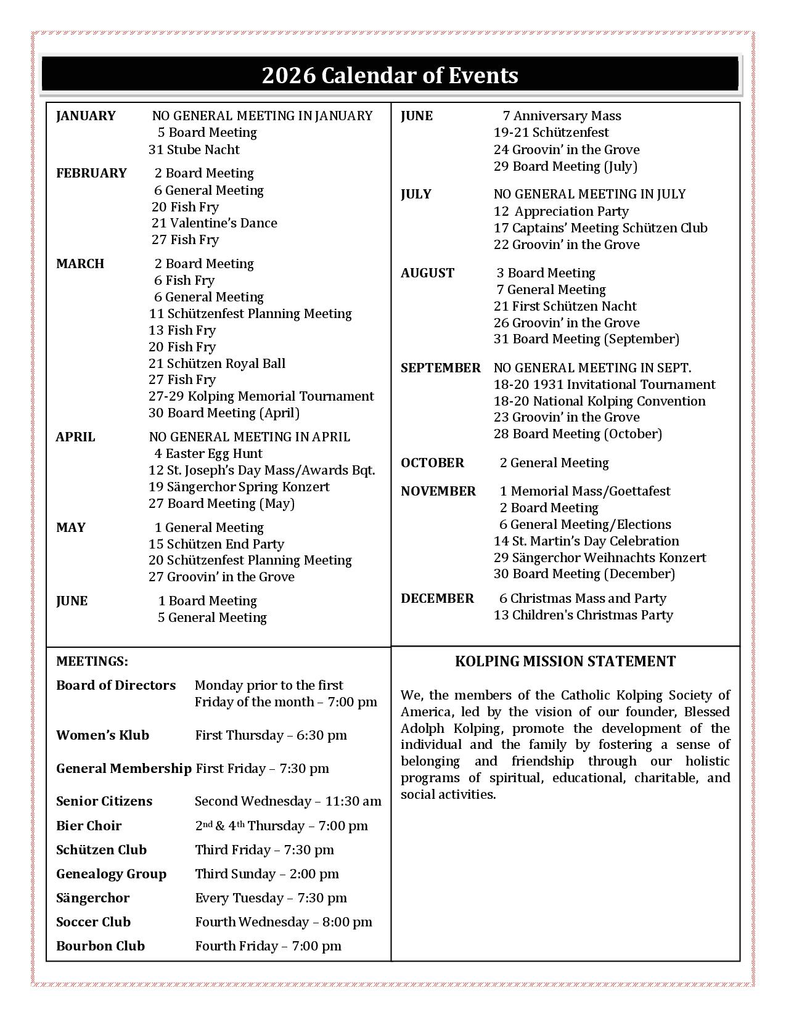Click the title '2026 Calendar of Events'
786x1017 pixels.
pyautogui.click(x=390, y=75)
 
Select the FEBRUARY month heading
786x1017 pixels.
pyautogui.click(x=91, y=173)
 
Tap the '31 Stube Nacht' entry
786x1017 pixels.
pyautogui.click(x=194, y=150)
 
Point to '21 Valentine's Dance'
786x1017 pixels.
pyautogui.click(x=214, y=223)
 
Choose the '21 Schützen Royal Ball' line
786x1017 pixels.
pyautogui.click(x=217, y=364)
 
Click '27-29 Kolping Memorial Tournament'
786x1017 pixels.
pyautogui.click(x=261, y=396)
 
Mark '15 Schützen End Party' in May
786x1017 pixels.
pyautogui.click(x=216, y=544)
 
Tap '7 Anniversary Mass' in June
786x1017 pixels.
pyautogui.click(x=562, y=116)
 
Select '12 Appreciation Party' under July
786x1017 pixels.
pyautogui.click(x=561, y=211)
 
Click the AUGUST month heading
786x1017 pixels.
pyautogui.click(x=427, y=273)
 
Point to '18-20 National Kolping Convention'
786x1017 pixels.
pyautogui.click(x=599, y=401)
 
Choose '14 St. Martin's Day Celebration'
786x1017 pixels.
pyautogui.click(x=586, y=541)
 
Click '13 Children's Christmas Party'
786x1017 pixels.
pyautogui.click(x=583, y=615)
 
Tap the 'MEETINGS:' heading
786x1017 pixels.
pyautogui.click(x=92, y=661)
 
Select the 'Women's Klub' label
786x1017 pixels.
pyautogui.click(x=102, y=735)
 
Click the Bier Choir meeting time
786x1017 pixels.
pyautogui.click(x=281, y=826)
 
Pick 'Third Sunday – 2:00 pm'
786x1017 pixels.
pyautogui.click(x=267, y=874)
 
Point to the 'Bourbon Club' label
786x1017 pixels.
pyautogui.click(x=100, y=946)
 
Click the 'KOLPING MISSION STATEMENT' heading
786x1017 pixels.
pyautogui.click(x=565, y=661)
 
